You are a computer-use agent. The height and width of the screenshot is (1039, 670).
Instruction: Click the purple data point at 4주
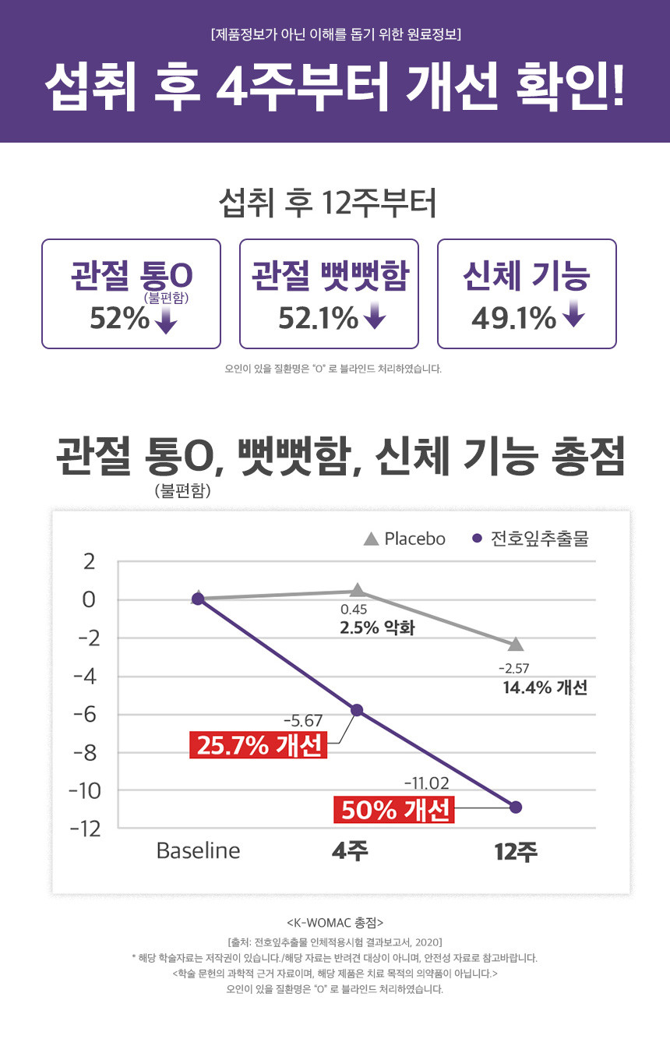357,710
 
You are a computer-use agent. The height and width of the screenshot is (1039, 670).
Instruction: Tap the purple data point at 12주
516,807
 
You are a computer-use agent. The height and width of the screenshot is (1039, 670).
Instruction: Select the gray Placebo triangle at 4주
357,590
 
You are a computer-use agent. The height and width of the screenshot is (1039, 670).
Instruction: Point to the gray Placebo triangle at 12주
516,645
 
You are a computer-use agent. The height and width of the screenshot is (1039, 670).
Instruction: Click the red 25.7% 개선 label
259,746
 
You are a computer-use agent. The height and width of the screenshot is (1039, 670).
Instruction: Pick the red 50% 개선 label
394,811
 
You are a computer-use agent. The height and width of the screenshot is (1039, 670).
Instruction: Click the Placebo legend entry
405,539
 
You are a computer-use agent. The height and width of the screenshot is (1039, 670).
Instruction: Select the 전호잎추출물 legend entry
531,539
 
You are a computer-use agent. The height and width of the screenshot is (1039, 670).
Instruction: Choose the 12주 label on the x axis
516,852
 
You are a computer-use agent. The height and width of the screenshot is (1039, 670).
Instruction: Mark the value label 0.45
354,610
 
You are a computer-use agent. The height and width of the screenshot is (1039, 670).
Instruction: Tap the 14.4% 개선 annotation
545,687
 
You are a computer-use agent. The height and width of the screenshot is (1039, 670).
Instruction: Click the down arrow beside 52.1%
375,317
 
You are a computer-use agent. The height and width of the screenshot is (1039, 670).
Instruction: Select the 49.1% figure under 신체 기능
514,318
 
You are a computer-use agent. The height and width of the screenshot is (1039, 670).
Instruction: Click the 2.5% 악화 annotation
376,627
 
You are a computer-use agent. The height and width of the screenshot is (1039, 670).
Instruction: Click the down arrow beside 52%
166,320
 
